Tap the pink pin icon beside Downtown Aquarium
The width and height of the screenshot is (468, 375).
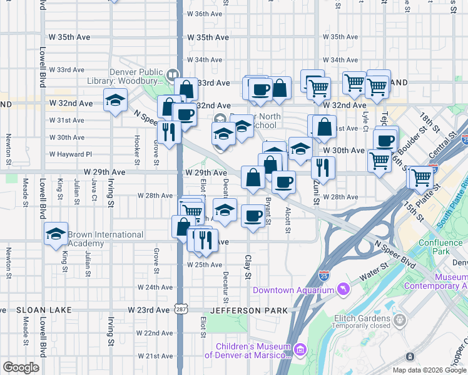tap(342, 289)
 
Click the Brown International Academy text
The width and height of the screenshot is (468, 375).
tap(106, 239)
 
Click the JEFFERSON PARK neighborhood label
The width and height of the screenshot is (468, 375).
tap(252, 310)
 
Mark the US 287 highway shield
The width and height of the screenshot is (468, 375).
tap(180, 309)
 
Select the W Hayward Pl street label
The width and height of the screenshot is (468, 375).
tap(70, 154)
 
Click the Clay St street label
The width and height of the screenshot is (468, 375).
tap(248, 267)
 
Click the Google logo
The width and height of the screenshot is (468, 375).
tap(21, 367)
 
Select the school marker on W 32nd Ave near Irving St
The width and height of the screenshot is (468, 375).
tap(116, 100)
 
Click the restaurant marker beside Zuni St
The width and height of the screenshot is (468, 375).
tap(323, 167)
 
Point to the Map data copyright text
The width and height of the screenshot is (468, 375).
tap(428, 370)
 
